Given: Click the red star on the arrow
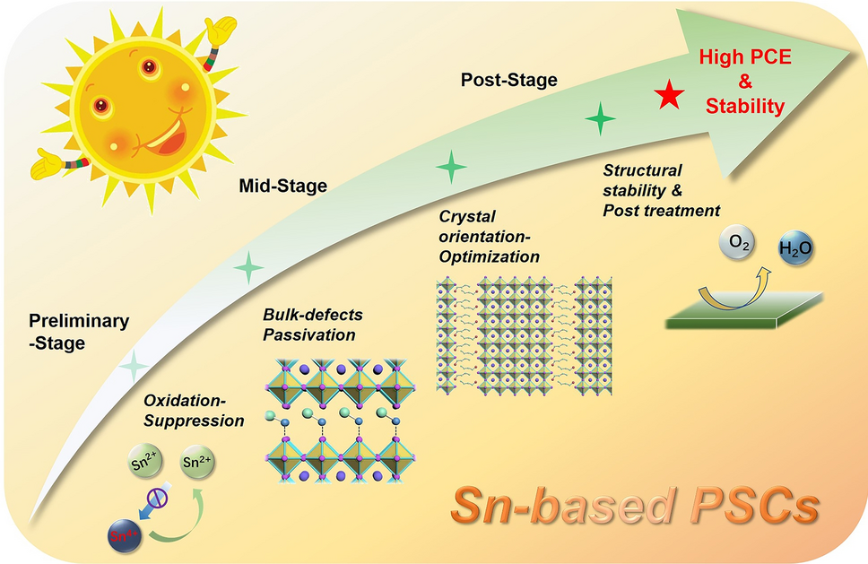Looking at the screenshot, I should pyautogui.click(x=666, y=95).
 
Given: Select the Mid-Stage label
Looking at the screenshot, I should pyautogui.click(x=282, y=187).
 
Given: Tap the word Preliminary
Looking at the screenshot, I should pyautogui.click(x=79, y=321).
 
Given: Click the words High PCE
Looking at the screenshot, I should pyautogui.click(x=744, y=60).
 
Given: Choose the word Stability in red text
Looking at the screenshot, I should pyautogui.click(x=744, y=107).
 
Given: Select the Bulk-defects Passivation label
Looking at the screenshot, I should pyautogui.click(x=309, y=325).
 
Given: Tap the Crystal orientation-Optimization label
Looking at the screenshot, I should pyautogui.click(x=489, y=237).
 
